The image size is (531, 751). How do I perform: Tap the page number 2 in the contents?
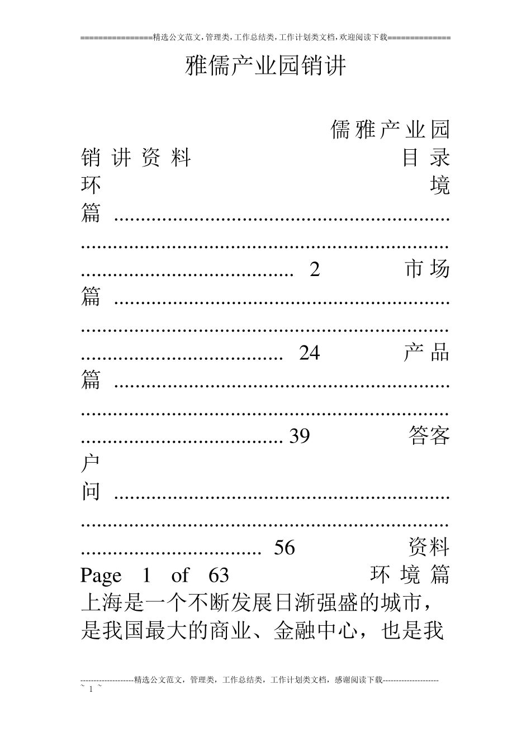315,270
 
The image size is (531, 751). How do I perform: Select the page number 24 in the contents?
309,353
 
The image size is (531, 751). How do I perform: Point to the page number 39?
299,436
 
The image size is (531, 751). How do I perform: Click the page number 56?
284,548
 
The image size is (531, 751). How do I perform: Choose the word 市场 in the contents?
427,270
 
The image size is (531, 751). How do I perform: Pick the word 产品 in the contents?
427,353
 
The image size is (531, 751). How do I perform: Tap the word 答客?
429,436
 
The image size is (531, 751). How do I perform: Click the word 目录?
426,158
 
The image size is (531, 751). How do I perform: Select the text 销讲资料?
136,158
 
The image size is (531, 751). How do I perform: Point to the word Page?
101,576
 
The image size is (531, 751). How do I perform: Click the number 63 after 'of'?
219,576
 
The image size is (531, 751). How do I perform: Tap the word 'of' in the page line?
180,576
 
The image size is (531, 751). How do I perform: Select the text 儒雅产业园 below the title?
390,130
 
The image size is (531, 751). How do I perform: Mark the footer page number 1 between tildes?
91,689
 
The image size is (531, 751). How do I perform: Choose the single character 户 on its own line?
91,464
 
